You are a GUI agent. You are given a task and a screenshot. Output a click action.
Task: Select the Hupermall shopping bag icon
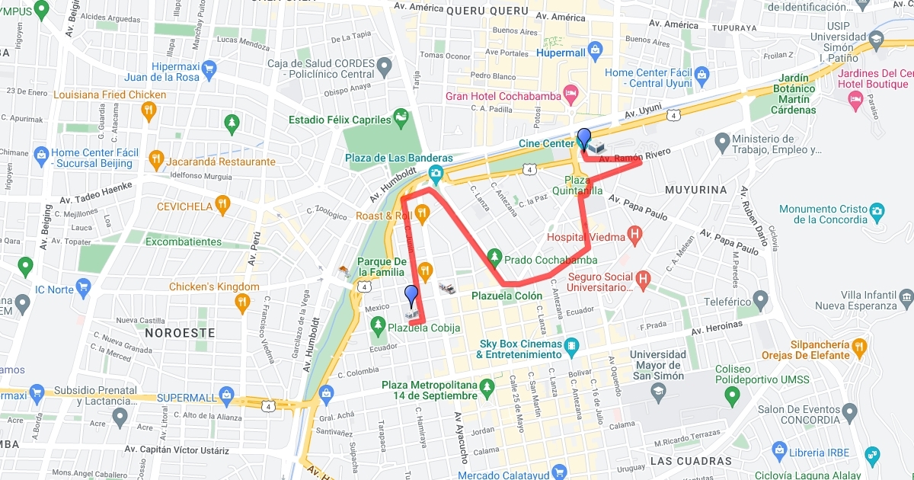coord(596,53)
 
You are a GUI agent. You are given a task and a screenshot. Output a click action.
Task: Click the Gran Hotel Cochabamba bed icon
coord(570,95)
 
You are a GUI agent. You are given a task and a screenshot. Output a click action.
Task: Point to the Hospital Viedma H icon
coord(634,236)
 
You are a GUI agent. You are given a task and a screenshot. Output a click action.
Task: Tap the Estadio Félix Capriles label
coord(340,120)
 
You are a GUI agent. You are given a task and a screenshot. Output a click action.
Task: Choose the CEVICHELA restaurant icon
coord(222,205)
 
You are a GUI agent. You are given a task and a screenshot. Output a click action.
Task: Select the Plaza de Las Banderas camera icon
coord(435,173)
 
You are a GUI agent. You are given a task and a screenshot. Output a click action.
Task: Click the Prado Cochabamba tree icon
coord(494,258)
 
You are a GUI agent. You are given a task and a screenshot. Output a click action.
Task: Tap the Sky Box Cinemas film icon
coord(570,349)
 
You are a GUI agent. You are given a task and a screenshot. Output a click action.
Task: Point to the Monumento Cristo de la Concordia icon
coord(877,209)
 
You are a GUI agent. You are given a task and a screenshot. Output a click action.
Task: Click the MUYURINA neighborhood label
coord(695,188)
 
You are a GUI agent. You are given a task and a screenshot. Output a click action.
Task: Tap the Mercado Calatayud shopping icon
coord(560,472)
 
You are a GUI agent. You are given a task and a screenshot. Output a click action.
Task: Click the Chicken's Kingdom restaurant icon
coord(242,302)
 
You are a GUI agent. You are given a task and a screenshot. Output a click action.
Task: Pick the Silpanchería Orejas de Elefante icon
coord(860,349)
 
